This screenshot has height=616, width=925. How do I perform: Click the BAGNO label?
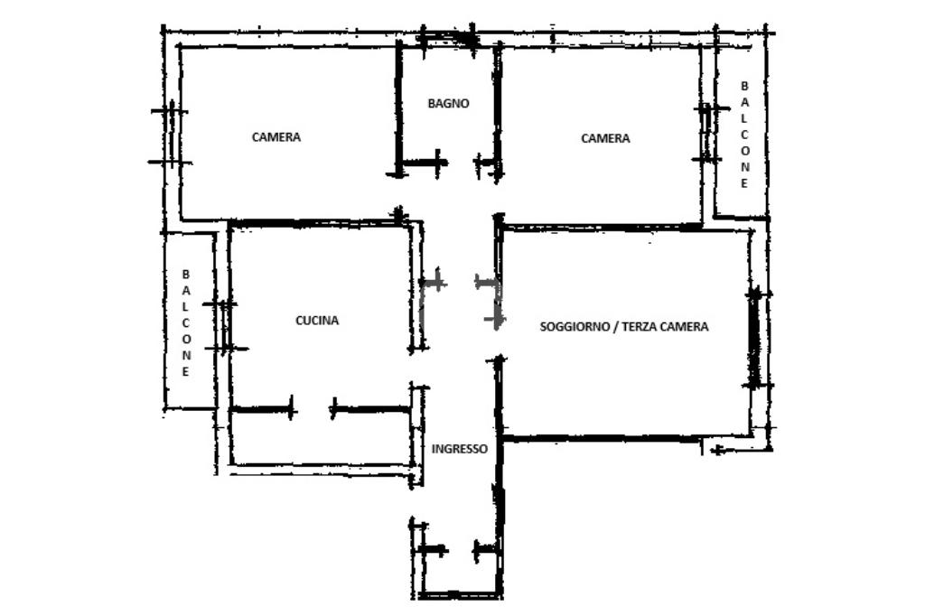448,103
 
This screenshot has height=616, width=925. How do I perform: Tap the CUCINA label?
317,321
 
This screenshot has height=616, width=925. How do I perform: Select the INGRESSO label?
460,448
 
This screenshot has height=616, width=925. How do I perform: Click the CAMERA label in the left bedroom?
276,137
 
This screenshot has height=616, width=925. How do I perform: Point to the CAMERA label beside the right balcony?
605,138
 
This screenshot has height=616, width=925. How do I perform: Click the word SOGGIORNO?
575,326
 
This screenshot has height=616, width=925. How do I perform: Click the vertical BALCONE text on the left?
186,322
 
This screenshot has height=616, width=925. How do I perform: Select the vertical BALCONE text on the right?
744,135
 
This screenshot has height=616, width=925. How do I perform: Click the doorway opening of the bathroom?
459,162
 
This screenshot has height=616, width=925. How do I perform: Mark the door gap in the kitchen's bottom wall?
313,408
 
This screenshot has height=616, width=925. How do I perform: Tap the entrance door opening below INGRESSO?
460,550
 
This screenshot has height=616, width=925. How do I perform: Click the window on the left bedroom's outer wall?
171,135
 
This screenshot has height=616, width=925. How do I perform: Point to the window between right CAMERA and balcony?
706,134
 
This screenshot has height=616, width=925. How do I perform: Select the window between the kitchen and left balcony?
224,326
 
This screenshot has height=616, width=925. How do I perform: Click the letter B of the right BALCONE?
744,86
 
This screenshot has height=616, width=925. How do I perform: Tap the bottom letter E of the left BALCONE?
185,372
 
